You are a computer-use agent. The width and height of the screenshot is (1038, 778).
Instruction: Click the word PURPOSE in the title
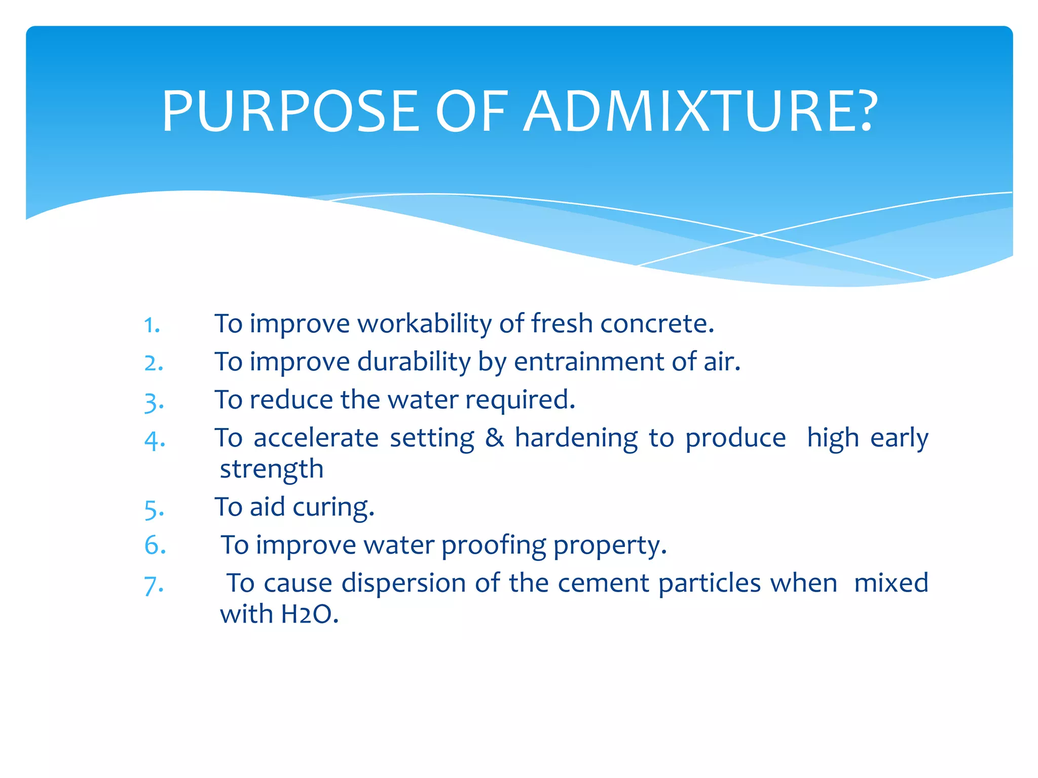[x=290, y=111]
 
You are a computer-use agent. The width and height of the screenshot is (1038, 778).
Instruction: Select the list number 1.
[x=151, y=325]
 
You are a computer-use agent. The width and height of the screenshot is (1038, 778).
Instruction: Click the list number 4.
[x=155, y=440]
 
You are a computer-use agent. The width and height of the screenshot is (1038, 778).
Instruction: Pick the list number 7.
[x=154, y=585]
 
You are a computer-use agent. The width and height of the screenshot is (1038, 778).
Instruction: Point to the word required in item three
[x=520, y=400]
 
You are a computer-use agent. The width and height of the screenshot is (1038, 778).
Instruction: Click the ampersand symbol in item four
[x=495, y=438]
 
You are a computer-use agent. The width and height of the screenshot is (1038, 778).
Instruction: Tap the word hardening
[x=576, y=438]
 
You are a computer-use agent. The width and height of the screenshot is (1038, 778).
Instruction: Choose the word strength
[x=271, y=470]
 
